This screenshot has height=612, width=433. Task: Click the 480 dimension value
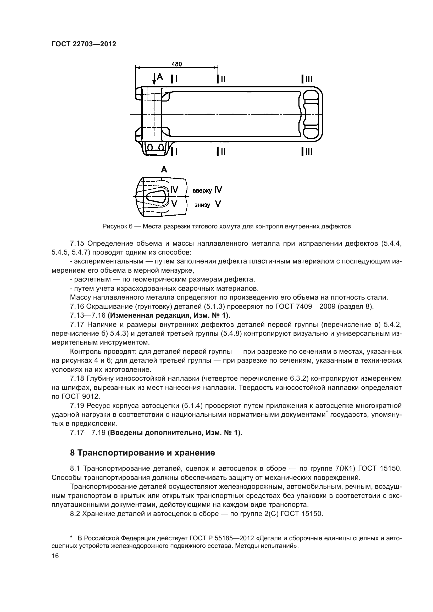point(176,64)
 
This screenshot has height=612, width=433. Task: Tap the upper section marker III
point(307,79)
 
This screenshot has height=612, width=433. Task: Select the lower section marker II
point(221,152)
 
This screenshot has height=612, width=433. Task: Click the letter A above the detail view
point(164,169)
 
